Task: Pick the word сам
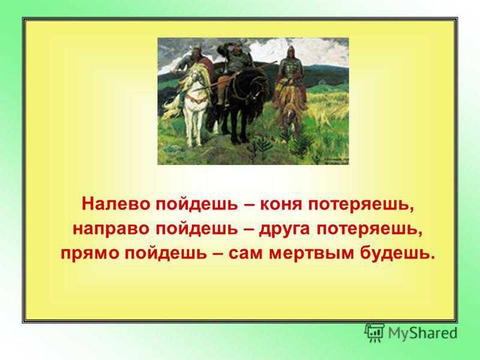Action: point(245,254)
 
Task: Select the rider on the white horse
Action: point(196,61)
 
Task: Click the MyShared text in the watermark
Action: point(422,333)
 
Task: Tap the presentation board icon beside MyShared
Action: point(374,332)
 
